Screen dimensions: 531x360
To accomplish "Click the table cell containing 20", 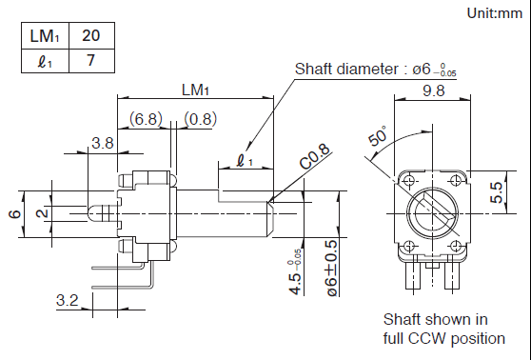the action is point(91,35).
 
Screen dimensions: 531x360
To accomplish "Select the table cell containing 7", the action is point(91,61).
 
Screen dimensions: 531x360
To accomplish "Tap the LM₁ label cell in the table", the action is point(45,35).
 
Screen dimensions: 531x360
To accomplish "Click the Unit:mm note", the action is point(495,13).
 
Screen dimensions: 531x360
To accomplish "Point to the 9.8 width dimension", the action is point(434,90).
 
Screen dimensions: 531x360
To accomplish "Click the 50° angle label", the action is point(377,135).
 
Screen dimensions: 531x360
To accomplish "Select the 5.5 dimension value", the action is point(497,192).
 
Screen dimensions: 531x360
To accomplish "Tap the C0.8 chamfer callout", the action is point(315,156).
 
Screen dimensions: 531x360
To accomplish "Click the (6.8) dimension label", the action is point(146,119).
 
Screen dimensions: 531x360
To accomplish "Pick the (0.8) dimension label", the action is point(201,119).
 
